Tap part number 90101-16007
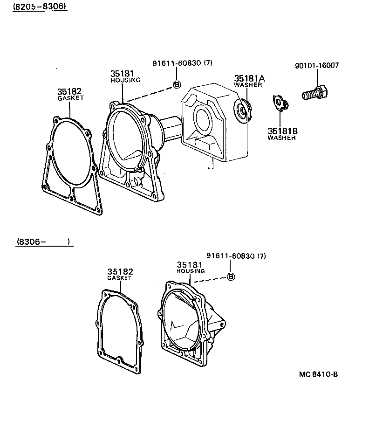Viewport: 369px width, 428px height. [316, 65]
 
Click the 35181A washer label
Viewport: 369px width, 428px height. [249, 79]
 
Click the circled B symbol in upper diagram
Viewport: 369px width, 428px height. [177, 84]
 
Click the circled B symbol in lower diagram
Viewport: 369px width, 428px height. [230, 276]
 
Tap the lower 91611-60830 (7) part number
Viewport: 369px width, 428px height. [236, 255]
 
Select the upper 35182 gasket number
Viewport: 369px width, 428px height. [70, 91]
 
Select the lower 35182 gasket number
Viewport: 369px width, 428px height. [120, 271]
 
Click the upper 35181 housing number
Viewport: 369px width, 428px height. [123, 73]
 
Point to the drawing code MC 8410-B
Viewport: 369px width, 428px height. [319, 374]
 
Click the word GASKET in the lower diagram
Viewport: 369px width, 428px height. [120, 278]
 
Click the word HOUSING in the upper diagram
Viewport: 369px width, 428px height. [125, 80]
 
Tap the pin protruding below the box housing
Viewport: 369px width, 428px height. [210, 161]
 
